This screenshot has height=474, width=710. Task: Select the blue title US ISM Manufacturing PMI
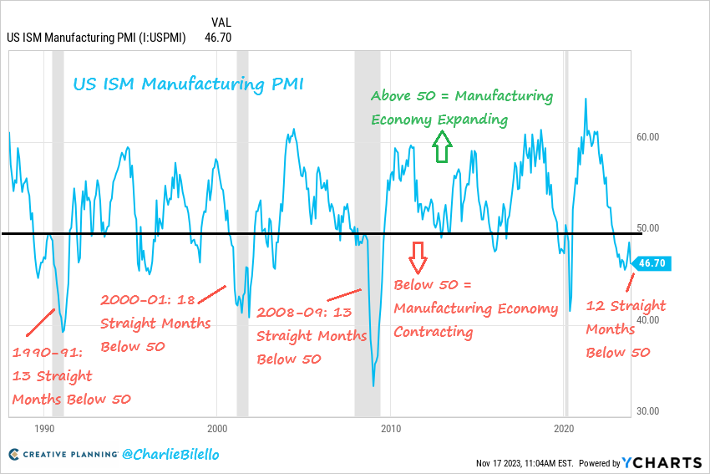coord(188,84)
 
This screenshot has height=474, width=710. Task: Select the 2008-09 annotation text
coord(311,335)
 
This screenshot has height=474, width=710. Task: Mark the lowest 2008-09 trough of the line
coord(373,385)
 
